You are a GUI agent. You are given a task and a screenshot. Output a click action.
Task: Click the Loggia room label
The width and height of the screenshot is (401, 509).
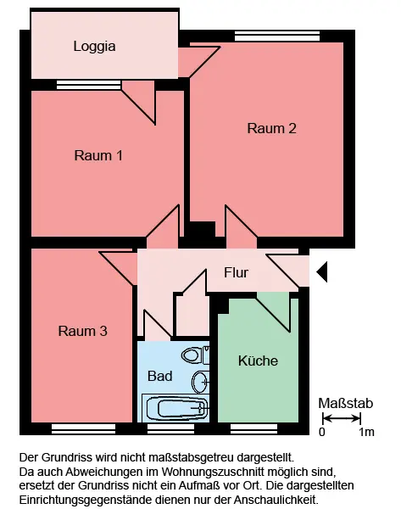tap(94, 47)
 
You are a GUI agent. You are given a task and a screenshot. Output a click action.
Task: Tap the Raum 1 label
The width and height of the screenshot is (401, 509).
tap(98, 155)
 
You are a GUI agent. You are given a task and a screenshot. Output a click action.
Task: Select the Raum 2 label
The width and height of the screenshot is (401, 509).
tap(271, 128)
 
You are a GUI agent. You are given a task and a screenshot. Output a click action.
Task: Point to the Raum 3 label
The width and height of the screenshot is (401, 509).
tap(83, 331)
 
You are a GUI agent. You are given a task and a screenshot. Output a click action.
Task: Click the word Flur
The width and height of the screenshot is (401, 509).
tap(237, 272)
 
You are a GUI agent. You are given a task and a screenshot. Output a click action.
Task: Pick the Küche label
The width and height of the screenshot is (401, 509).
tap(258, 361)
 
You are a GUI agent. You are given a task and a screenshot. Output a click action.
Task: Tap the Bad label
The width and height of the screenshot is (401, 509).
tap(159, 376)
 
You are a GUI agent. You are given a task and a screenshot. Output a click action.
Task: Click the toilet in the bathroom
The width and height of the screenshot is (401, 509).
tap(195, 355)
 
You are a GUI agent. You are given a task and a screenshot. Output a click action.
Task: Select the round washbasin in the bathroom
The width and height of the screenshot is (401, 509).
tap(200, 382)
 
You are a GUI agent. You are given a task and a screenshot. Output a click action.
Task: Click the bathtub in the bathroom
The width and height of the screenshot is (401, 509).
tap(175, 408)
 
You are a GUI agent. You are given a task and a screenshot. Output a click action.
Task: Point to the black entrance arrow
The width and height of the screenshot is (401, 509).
tap(322, 271)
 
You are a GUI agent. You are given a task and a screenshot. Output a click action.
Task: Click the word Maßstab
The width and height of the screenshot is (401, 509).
tap(346, 403)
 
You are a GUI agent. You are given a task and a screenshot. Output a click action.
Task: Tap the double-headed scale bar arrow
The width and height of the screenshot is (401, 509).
tap(342, 418)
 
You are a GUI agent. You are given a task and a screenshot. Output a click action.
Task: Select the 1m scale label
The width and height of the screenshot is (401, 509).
tap(366, 432)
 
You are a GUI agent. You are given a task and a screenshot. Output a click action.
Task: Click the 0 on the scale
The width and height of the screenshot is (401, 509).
tap(321, 432)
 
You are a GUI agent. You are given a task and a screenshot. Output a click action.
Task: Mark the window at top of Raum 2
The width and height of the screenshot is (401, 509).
tap(277, 36)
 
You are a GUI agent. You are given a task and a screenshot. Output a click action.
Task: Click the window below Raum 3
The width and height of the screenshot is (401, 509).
tap(83, 428)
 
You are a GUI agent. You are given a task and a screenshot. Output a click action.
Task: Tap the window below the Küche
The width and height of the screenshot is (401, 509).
tap(253, 428)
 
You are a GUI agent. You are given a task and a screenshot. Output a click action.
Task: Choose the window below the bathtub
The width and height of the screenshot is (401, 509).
tap(170, 428)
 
